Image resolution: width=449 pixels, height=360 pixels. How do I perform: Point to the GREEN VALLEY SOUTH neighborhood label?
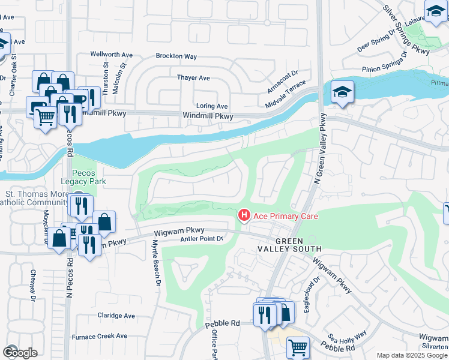(x=291, y=244)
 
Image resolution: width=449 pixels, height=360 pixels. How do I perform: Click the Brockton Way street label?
(x=176, y=56)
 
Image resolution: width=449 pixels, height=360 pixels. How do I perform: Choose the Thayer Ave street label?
(x=193, y=78)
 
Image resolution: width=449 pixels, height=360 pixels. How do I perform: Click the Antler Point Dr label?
(x=202, y=239)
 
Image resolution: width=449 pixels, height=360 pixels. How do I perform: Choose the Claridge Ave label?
(x=116, y=316)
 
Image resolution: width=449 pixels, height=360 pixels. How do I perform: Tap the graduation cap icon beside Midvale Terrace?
(x=342, y=92)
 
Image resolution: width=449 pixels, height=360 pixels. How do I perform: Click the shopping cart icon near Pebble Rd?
(x=297, y=346)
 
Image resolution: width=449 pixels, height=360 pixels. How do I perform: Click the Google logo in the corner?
(x=20, y=352)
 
